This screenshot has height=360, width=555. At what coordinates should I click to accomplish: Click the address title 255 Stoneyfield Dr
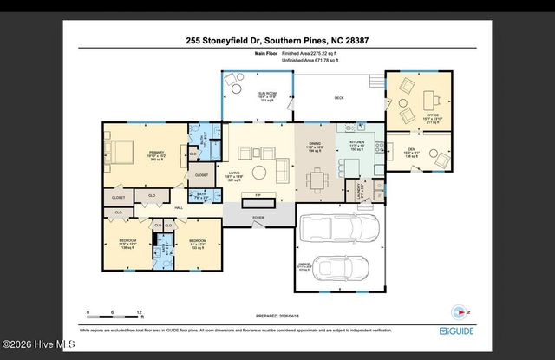[277, 39]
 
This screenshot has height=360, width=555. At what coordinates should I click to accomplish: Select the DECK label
[339, 98]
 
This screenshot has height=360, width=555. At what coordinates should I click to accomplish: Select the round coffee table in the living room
[259, 171]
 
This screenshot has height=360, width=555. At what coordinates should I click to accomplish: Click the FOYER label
[258, 219]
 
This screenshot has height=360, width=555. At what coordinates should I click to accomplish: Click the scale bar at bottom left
[113, 310]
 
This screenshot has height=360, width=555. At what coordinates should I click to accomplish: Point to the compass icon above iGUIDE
[460, 311]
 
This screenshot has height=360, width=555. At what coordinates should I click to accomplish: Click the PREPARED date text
[277, 317]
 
